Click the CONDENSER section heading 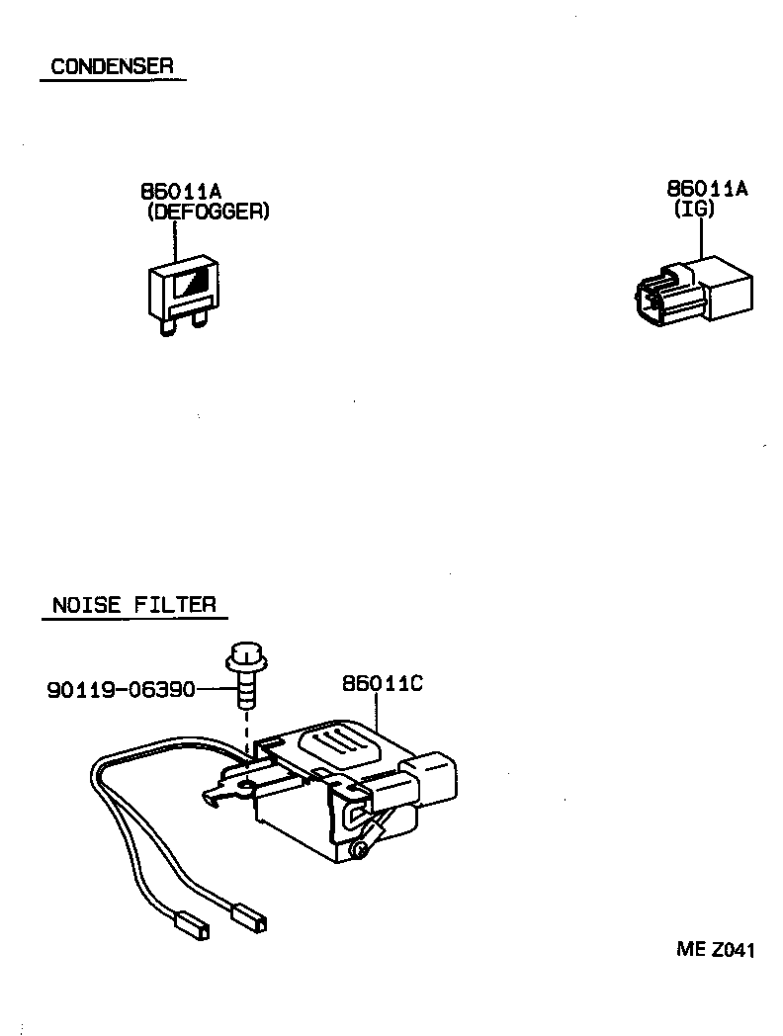(x=112, y=66)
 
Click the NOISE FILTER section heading (x=133, y=604)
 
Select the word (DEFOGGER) (x=207, y=212)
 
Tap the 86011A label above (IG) (x=707, y=189)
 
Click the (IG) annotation (x=694, y=209)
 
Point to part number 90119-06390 (x=121, y=688)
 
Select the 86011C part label (x=383, y=683)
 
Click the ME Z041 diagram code (x=716, y=950)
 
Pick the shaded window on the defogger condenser (x=192, y=285)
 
